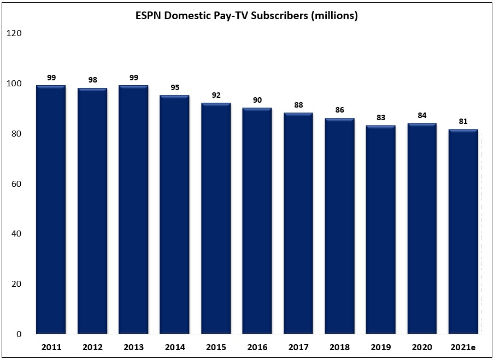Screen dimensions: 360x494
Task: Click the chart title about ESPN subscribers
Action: pyautogui.click(x=246, y=16)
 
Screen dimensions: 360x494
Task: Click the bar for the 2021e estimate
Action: pyautogui.click(x=463, y=232)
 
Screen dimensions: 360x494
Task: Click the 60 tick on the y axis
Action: pyautogui.click(x=16, y=184)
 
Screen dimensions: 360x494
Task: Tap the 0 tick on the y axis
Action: pyautogui.click(x=19, y=334)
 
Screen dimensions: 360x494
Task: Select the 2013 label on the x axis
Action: pyautogui.click(x=133, y=347)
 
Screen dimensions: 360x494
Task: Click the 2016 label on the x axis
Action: pyautogui.click(x=257, y=347)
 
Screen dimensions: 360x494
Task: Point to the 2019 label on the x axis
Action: pyautogui.click(x=380, y=347)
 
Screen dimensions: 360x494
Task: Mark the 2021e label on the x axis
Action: pyautogui.click(x=463, y=347)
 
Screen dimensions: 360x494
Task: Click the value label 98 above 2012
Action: pyautogui.click(x=92, y=80)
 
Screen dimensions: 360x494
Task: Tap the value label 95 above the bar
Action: pyautogui.click(x=174, y=87)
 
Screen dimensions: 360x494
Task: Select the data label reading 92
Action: pyautogui.click(x=216, y=95)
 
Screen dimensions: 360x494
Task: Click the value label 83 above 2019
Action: pyautogui.click(x=380, y=117)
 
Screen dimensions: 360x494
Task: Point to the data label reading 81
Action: pyautogui.click(x=463, y=121)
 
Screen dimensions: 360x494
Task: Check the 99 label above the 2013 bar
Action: pyautogui.click(x=133, y=78)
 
